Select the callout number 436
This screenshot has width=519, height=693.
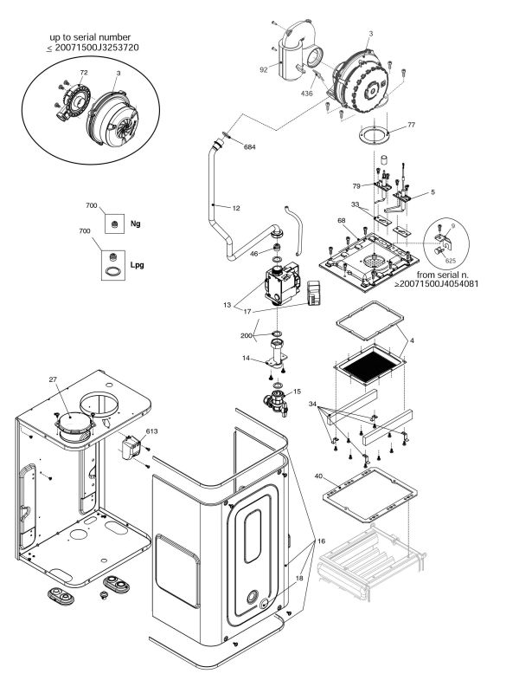[306, 93]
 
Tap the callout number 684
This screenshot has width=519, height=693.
[250, 147]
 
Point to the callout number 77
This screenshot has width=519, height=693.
[411, 126]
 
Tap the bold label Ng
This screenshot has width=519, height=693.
[135, 223]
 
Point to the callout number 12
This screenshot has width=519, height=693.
[234, 208]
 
